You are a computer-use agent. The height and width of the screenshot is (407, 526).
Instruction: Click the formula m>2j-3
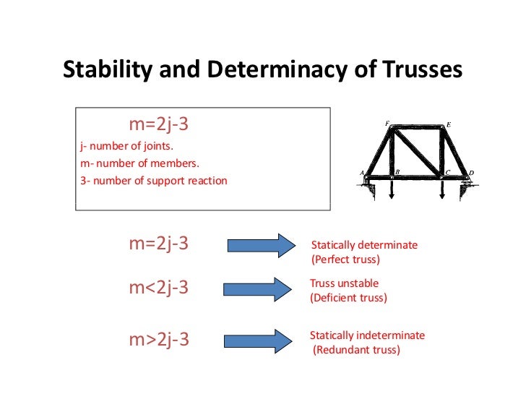click(159, 338)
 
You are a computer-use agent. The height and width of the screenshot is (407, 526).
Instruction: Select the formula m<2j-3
click(159, 287)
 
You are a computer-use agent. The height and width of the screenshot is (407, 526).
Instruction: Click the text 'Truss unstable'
click(344, 283)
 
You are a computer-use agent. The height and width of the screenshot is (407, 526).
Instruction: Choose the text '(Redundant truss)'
click(355, 351)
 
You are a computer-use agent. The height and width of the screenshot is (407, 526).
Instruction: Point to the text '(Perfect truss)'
click(345, 259)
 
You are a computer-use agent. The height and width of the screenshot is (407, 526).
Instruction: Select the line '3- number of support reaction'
click(154, 180)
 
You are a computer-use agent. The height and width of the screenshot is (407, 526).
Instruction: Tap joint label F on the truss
click(387, 124)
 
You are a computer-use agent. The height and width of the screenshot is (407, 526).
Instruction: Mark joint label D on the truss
click(471, 173)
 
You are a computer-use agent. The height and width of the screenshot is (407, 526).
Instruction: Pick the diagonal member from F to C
click(417, 151)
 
